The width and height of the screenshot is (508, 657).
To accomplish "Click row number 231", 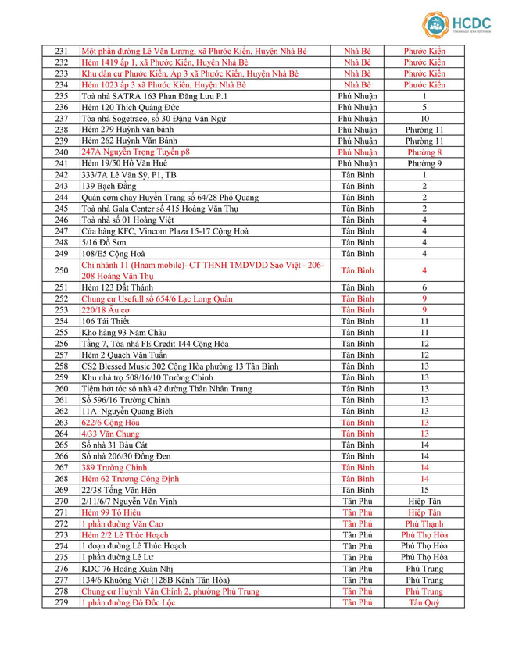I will point(62,51).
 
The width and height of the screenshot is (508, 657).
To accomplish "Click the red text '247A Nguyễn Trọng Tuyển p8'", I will point(135,152).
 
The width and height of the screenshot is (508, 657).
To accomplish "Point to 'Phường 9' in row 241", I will point(424,164).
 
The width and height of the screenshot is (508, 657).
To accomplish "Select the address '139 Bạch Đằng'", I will point(109,187).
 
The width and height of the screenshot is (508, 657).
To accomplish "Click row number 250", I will point(62,270).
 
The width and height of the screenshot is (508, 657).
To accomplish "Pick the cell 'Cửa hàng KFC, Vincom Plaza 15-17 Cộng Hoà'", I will point(165,231).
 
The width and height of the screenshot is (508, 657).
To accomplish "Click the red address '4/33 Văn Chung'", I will point(110,434).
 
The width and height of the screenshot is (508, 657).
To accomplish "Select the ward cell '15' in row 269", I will point(424,490).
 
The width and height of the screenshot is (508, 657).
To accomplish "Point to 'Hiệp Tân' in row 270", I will point(424,502).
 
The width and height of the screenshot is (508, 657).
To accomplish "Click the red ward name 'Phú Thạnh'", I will point(424,524).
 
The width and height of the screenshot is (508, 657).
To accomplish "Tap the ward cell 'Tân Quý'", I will point(424,602).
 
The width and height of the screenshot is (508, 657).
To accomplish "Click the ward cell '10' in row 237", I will point(424,119).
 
